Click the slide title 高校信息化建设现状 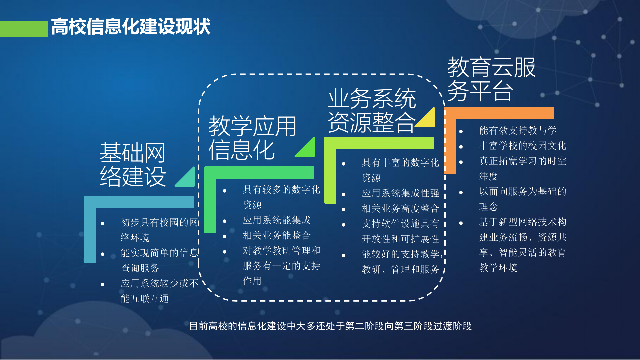(x=131, y=27)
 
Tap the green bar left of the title (x=24, y=29)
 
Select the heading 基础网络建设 (x=133, y=164)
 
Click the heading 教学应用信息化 (x=252, y=138)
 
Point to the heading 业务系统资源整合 (x=372, y=110)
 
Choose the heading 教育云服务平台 (x=491, y=79)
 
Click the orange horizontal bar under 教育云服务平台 (x=500, y=113)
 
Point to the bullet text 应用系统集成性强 (x=400, y=193)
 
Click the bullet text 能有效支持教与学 (x=518, y=130)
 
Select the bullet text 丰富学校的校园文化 (x=522, y=146)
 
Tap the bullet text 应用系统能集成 (x=276, y=220)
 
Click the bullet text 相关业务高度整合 (x=400, y=208)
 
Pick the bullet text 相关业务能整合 (x=276, y=235)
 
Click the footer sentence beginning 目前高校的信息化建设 (x=330, y=326)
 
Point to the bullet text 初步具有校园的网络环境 (x=159, y=230)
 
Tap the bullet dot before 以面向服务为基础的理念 (x=461, y=192)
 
